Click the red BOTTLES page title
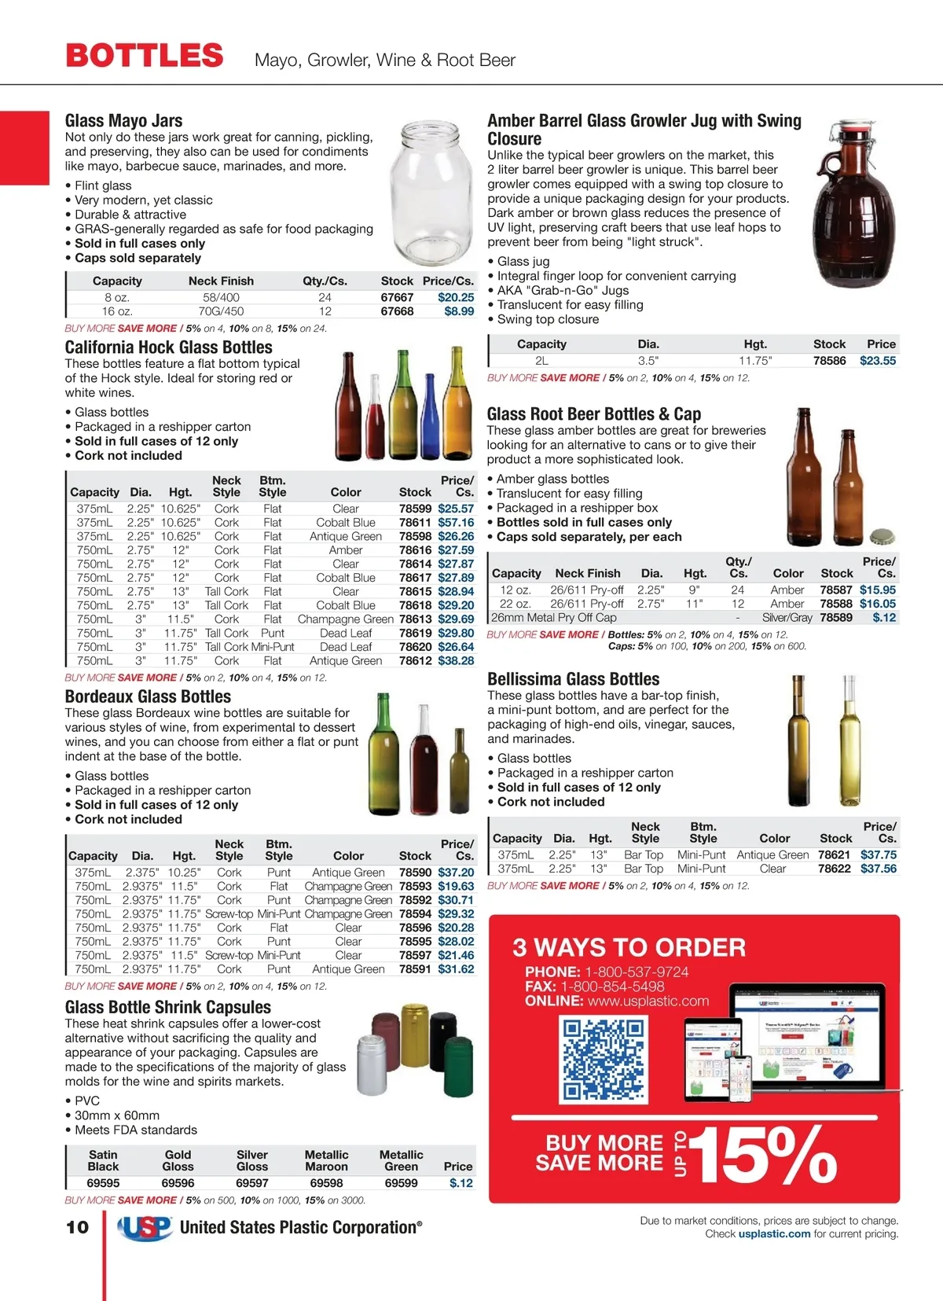(x=145, y=56)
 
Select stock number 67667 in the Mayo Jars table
(x=397, y=297)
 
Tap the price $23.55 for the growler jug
(x=877, y=361)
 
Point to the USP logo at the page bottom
(x=145, y=1228)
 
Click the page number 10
(x=77, y=1227)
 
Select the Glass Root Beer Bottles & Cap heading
(x=593, y=414)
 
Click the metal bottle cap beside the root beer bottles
(x=882, y=536)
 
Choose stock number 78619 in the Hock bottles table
(x=415, y=633)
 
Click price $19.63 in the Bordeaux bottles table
(x=456, y=886)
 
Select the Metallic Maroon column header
(x=326, y=1160)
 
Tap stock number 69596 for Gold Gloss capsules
(x=178, y=1183)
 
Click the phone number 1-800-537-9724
(x=637, y=972)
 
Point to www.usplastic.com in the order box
(x=648, y=1001)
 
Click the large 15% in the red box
(x=761, y=1153)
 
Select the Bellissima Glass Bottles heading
(x=573, y=679)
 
